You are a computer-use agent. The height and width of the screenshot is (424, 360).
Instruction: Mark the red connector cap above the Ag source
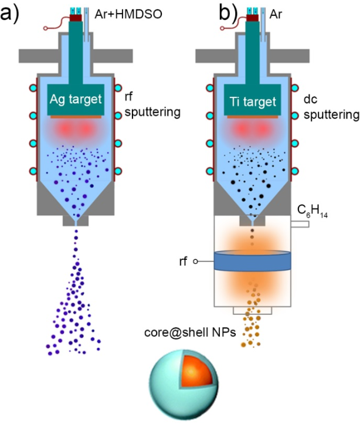coord(76,18)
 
